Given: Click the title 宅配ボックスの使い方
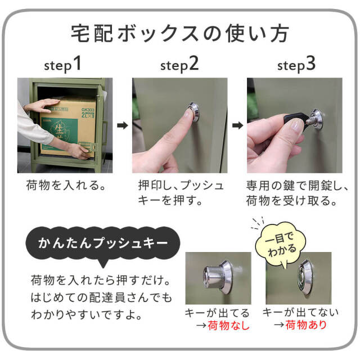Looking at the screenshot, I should click(180, 33).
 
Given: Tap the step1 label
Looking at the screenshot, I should click(63, 65).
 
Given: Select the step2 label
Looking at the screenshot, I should click(179, 65).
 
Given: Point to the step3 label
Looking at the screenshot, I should click(296, 65).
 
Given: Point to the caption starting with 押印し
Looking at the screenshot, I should click(181, 192).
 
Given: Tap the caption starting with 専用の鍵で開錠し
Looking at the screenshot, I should click(298, 192).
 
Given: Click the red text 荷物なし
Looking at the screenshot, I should click(228, 325).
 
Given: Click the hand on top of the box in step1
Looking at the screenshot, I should click(42, 105).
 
